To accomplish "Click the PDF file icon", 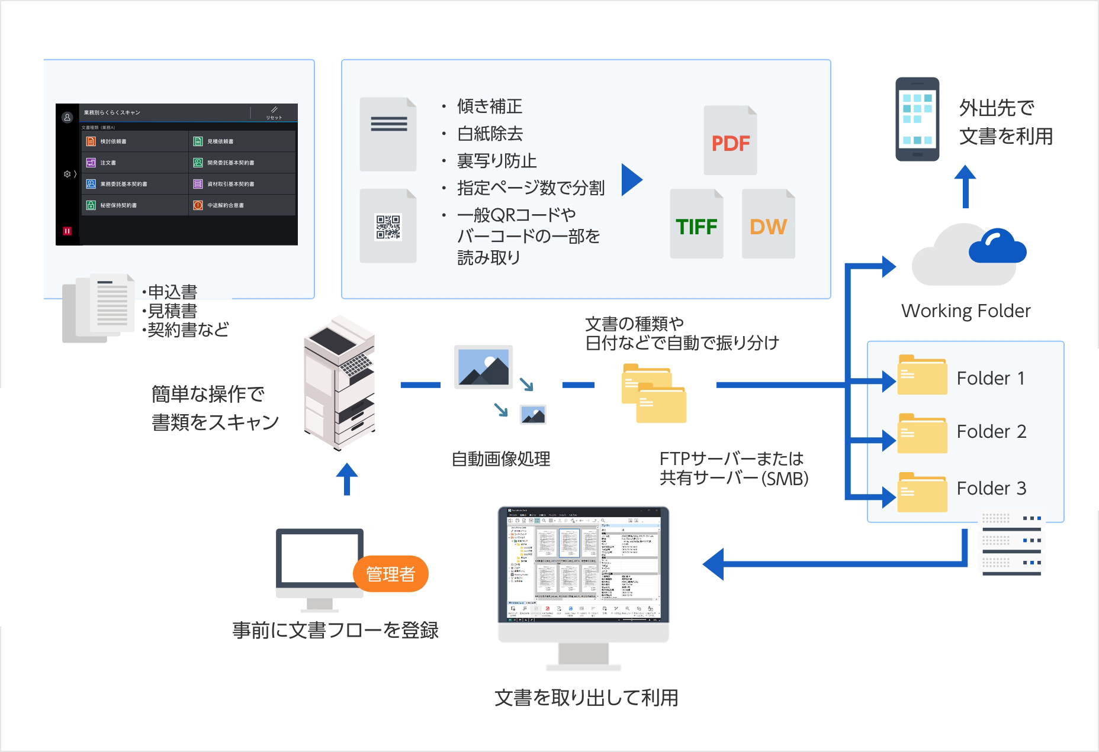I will point(730,141).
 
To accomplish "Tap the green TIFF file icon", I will point(696,225).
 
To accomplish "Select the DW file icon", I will point(768,225).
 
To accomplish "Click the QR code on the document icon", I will point(388,227).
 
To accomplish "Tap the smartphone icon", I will point(917,119).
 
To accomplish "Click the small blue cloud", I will point(997,247).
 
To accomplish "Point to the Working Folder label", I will point(965,311).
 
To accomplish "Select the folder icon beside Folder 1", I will point(922,375).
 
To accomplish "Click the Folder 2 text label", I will point(991,431).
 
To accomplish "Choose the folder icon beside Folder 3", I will point(922,492).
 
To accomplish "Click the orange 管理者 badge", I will point(390,573).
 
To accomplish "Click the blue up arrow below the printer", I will point(346,478).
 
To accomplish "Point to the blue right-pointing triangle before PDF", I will point(631,179).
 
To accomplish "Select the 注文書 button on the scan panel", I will point(135,163).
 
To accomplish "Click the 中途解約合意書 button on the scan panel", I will point(242,205).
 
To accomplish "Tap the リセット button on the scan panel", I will point(274,112).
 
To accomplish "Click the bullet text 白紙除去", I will point(490,134).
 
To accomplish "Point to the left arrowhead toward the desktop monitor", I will point(714,564).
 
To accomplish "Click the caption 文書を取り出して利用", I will point(586,698).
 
